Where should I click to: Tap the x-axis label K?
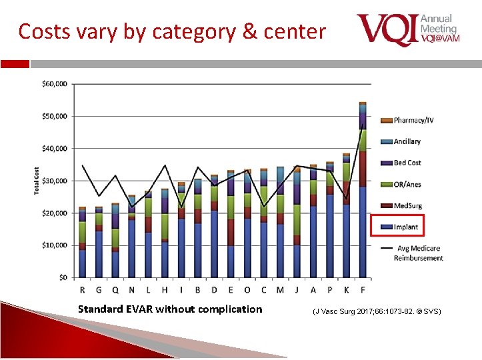346,289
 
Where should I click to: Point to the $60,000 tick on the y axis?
55,84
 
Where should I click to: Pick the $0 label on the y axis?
63,277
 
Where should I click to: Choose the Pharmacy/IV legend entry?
413,121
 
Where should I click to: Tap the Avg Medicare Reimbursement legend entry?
418,253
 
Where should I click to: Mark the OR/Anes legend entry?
407,185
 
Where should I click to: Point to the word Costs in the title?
42,31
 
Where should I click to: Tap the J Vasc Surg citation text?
377,311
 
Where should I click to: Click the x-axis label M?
280,289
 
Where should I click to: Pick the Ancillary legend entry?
407,142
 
